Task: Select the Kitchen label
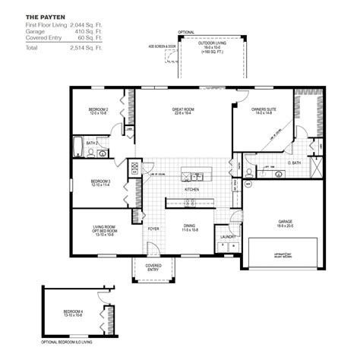(191, 190)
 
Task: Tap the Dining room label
(191, 226)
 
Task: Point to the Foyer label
(153, 226)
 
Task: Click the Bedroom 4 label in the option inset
(73, 313)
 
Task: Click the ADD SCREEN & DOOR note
(161, 46)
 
